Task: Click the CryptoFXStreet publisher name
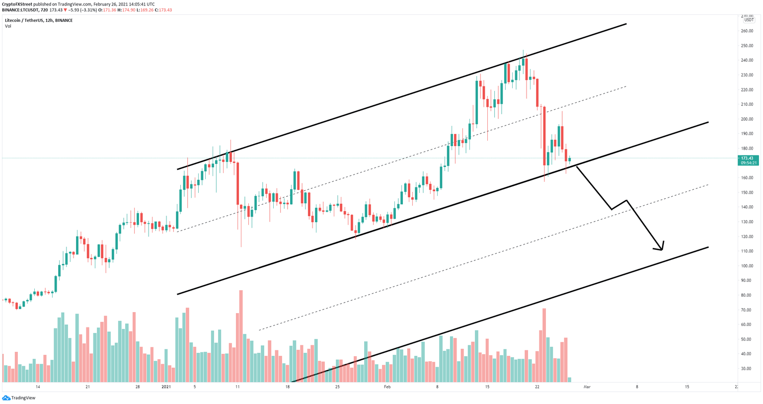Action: tap(17, 4)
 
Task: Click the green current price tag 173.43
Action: tap(748, 158)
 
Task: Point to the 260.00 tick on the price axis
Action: tap(747, 31)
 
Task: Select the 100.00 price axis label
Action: tap(747, 266)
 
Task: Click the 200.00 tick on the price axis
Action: tap(747, 119)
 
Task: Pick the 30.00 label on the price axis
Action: tap(746, 369)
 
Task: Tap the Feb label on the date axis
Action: tap(387, 387)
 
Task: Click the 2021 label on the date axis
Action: tap(166, 387)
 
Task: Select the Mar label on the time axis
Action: tap(587, 387)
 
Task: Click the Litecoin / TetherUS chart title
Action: tap(39, 20)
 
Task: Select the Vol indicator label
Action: tap(8, 26)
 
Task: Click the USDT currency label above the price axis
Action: tap(749, 20)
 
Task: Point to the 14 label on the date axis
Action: tap(38, 387)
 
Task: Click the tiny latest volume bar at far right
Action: tap(569, 380)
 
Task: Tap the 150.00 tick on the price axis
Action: tap(747, 192)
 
